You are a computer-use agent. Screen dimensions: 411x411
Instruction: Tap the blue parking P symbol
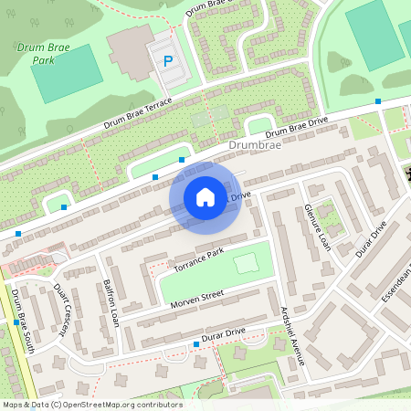click(167, 61)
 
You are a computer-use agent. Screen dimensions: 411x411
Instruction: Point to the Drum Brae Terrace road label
click(137, 114)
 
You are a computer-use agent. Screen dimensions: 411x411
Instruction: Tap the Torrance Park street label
click(198, 259)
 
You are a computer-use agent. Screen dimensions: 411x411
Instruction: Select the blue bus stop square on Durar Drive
click(195, 344)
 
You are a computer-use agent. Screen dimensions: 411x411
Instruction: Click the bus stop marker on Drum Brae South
click(17, 321)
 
